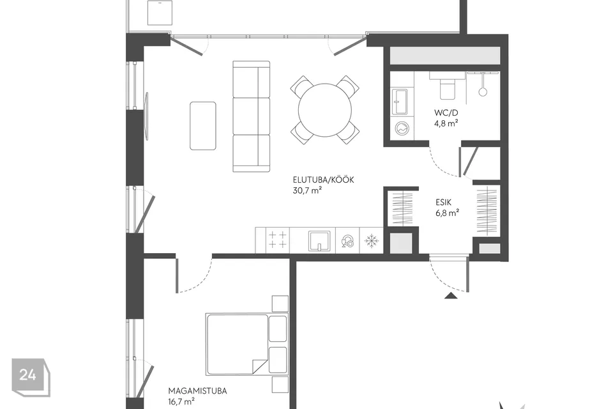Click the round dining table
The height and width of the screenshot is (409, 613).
pos(324,109)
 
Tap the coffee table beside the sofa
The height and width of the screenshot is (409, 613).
pos(202,126)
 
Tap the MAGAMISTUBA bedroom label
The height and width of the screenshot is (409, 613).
pos(197,390)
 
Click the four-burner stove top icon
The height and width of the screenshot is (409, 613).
pos(277,240)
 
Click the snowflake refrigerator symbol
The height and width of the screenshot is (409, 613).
pos(371,241)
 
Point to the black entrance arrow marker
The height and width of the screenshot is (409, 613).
pos(451,295)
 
